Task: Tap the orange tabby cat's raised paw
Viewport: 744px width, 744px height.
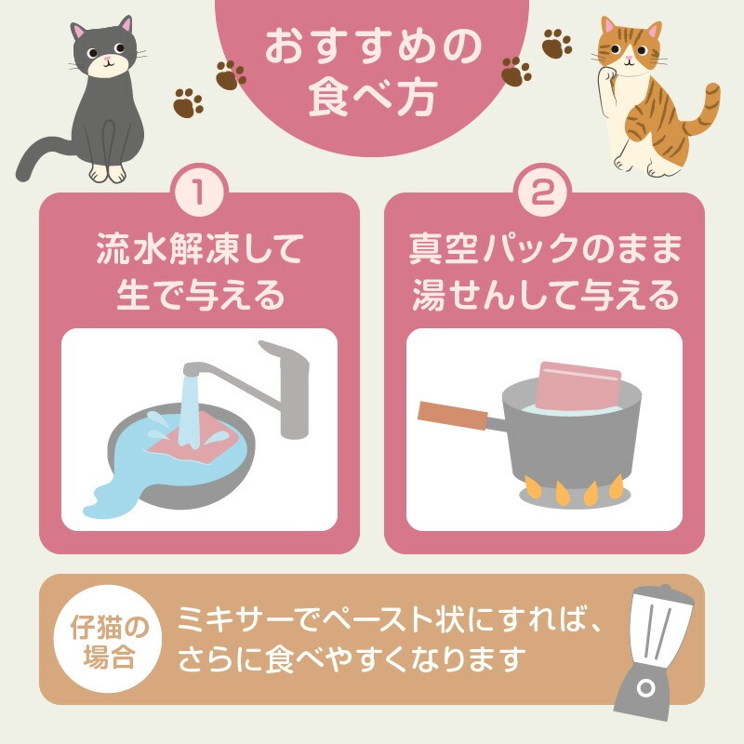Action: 607,75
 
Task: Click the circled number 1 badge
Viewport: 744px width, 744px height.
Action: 199,193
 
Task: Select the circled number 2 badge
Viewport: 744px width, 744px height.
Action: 544,193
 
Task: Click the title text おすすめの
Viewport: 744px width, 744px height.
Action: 373,47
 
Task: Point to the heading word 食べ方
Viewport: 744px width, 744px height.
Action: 373,99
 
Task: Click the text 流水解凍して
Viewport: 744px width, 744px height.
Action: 199,248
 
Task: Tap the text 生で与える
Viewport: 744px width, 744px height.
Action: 200,295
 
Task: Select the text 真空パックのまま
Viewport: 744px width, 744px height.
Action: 545,248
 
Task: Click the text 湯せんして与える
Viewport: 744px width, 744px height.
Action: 545,295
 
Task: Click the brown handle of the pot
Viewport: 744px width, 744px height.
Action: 452,416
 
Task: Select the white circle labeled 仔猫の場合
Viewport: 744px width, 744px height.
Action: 109,639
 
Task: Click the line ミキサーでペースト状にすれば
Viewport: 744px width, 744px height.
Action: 390,618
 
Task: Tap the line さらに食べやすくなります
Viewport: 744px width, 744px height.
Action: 352,658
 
